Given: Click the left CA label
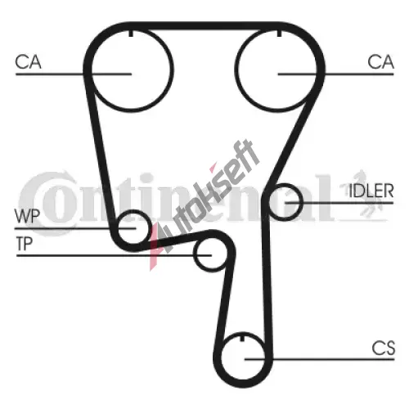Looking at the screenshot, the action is coord(28,62).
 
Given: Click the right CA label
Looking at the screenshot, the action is coord(380,62).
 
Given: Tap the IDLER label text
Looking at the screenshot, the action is coord(371,191).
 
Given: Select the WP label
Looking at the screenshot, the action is coord(27,216).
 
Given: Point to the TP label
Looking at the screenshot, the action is coord(25,244).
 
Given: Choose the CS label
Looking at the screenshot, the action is coord(384,348).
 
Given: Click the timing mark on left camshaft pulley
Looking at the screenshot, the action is coord(131,33).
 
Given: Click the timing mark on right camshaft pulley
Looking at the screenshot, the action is coord(279,33).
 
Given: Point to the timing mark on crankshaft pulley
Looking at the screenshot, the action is coord(243,338).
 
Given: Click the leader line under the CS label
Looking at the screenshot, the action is coord(320,359).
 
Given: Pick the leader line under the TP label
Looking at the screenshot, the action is coord(114,255).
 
